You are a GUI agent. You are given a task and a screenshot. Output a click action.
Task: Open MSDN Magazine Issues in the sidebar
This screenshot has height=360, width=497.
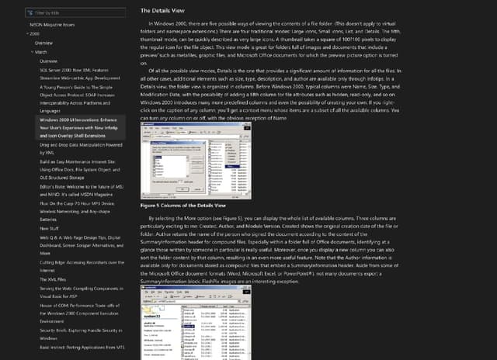coord(52,25)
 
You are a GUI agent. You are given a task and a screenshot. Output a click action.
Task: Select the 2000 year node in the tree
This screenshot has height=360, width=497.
coord(33,34)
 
